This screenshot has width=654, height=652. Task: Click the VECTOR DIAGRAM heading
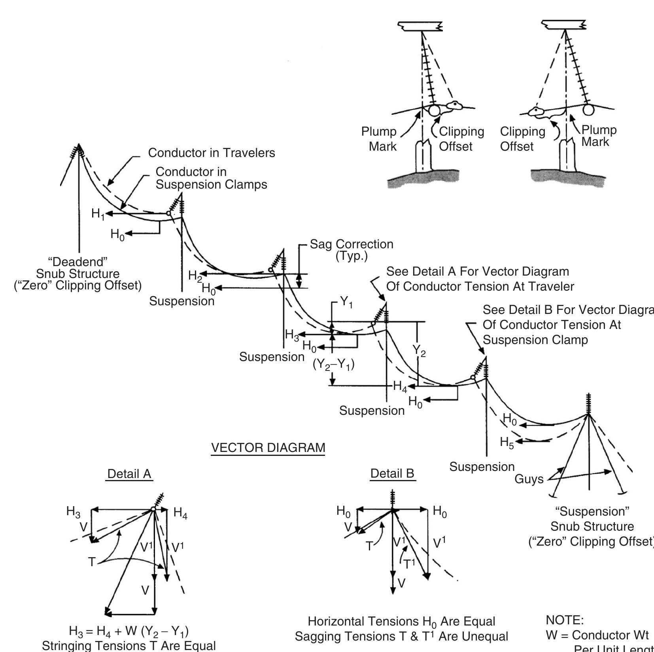pyautogui.click(x=268, y=448)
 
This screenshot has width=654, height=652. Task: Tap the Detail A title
pyautogui.click(x=129, y=474)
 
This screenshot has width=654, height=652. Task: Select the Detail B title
pyautogui.click(x=392, y=473)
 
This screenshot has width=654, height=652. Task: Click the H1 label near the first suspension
pyautogui.click(x=98, y=214)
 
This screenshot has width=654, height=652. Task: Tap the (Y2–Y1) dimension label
pyautogui.click(x=334, y=364)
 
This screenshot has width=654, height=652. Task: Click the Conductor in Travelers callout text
pyautogui.click(x=212, y=153)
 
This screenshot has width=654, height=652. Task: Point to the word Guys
pyautogui.click(x=529, y=479)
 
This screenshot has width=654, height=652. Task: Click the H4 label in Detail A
pyautogui.click(x=180, y=513)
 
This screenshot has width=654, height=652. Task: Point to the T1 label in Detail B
pyautogui.click(x=409, y=564)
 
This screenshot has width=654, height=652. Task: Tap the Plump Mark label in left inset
pyautogui.click(x=379, y=139)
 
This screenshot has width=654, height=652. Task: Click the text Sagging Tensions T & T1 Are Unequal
pyautogui.click(x=401, y=636)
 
